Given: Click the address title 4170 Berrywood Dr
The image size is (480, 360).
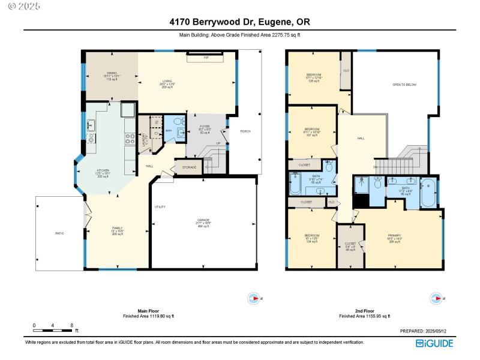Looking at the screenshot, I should coord(239,22).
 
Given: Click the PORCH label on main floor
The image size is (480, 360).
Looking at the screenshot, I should coord(245,131).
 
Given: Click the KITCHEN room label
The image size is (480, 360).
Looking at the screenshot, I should coord(103,172).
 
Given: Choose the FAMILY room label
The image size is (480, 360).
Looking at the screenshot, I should coord(118,229).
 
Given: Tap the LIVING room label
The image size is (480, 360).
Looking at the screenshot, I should coord(167,84).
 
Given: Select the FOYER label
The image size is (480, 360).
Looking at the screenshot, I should coord(205,128).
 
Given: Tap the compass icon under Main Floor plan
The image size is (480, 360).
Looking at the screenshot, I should coord(255,298).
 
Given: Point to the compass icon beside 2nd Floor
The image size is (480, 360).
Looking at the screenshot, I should coord(437,298).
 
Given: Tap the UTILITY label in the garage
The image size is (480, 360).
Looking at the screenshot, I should coord(160,207).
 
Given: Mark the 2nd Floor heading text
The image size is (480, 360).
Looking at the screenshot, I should coord(364,311).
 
